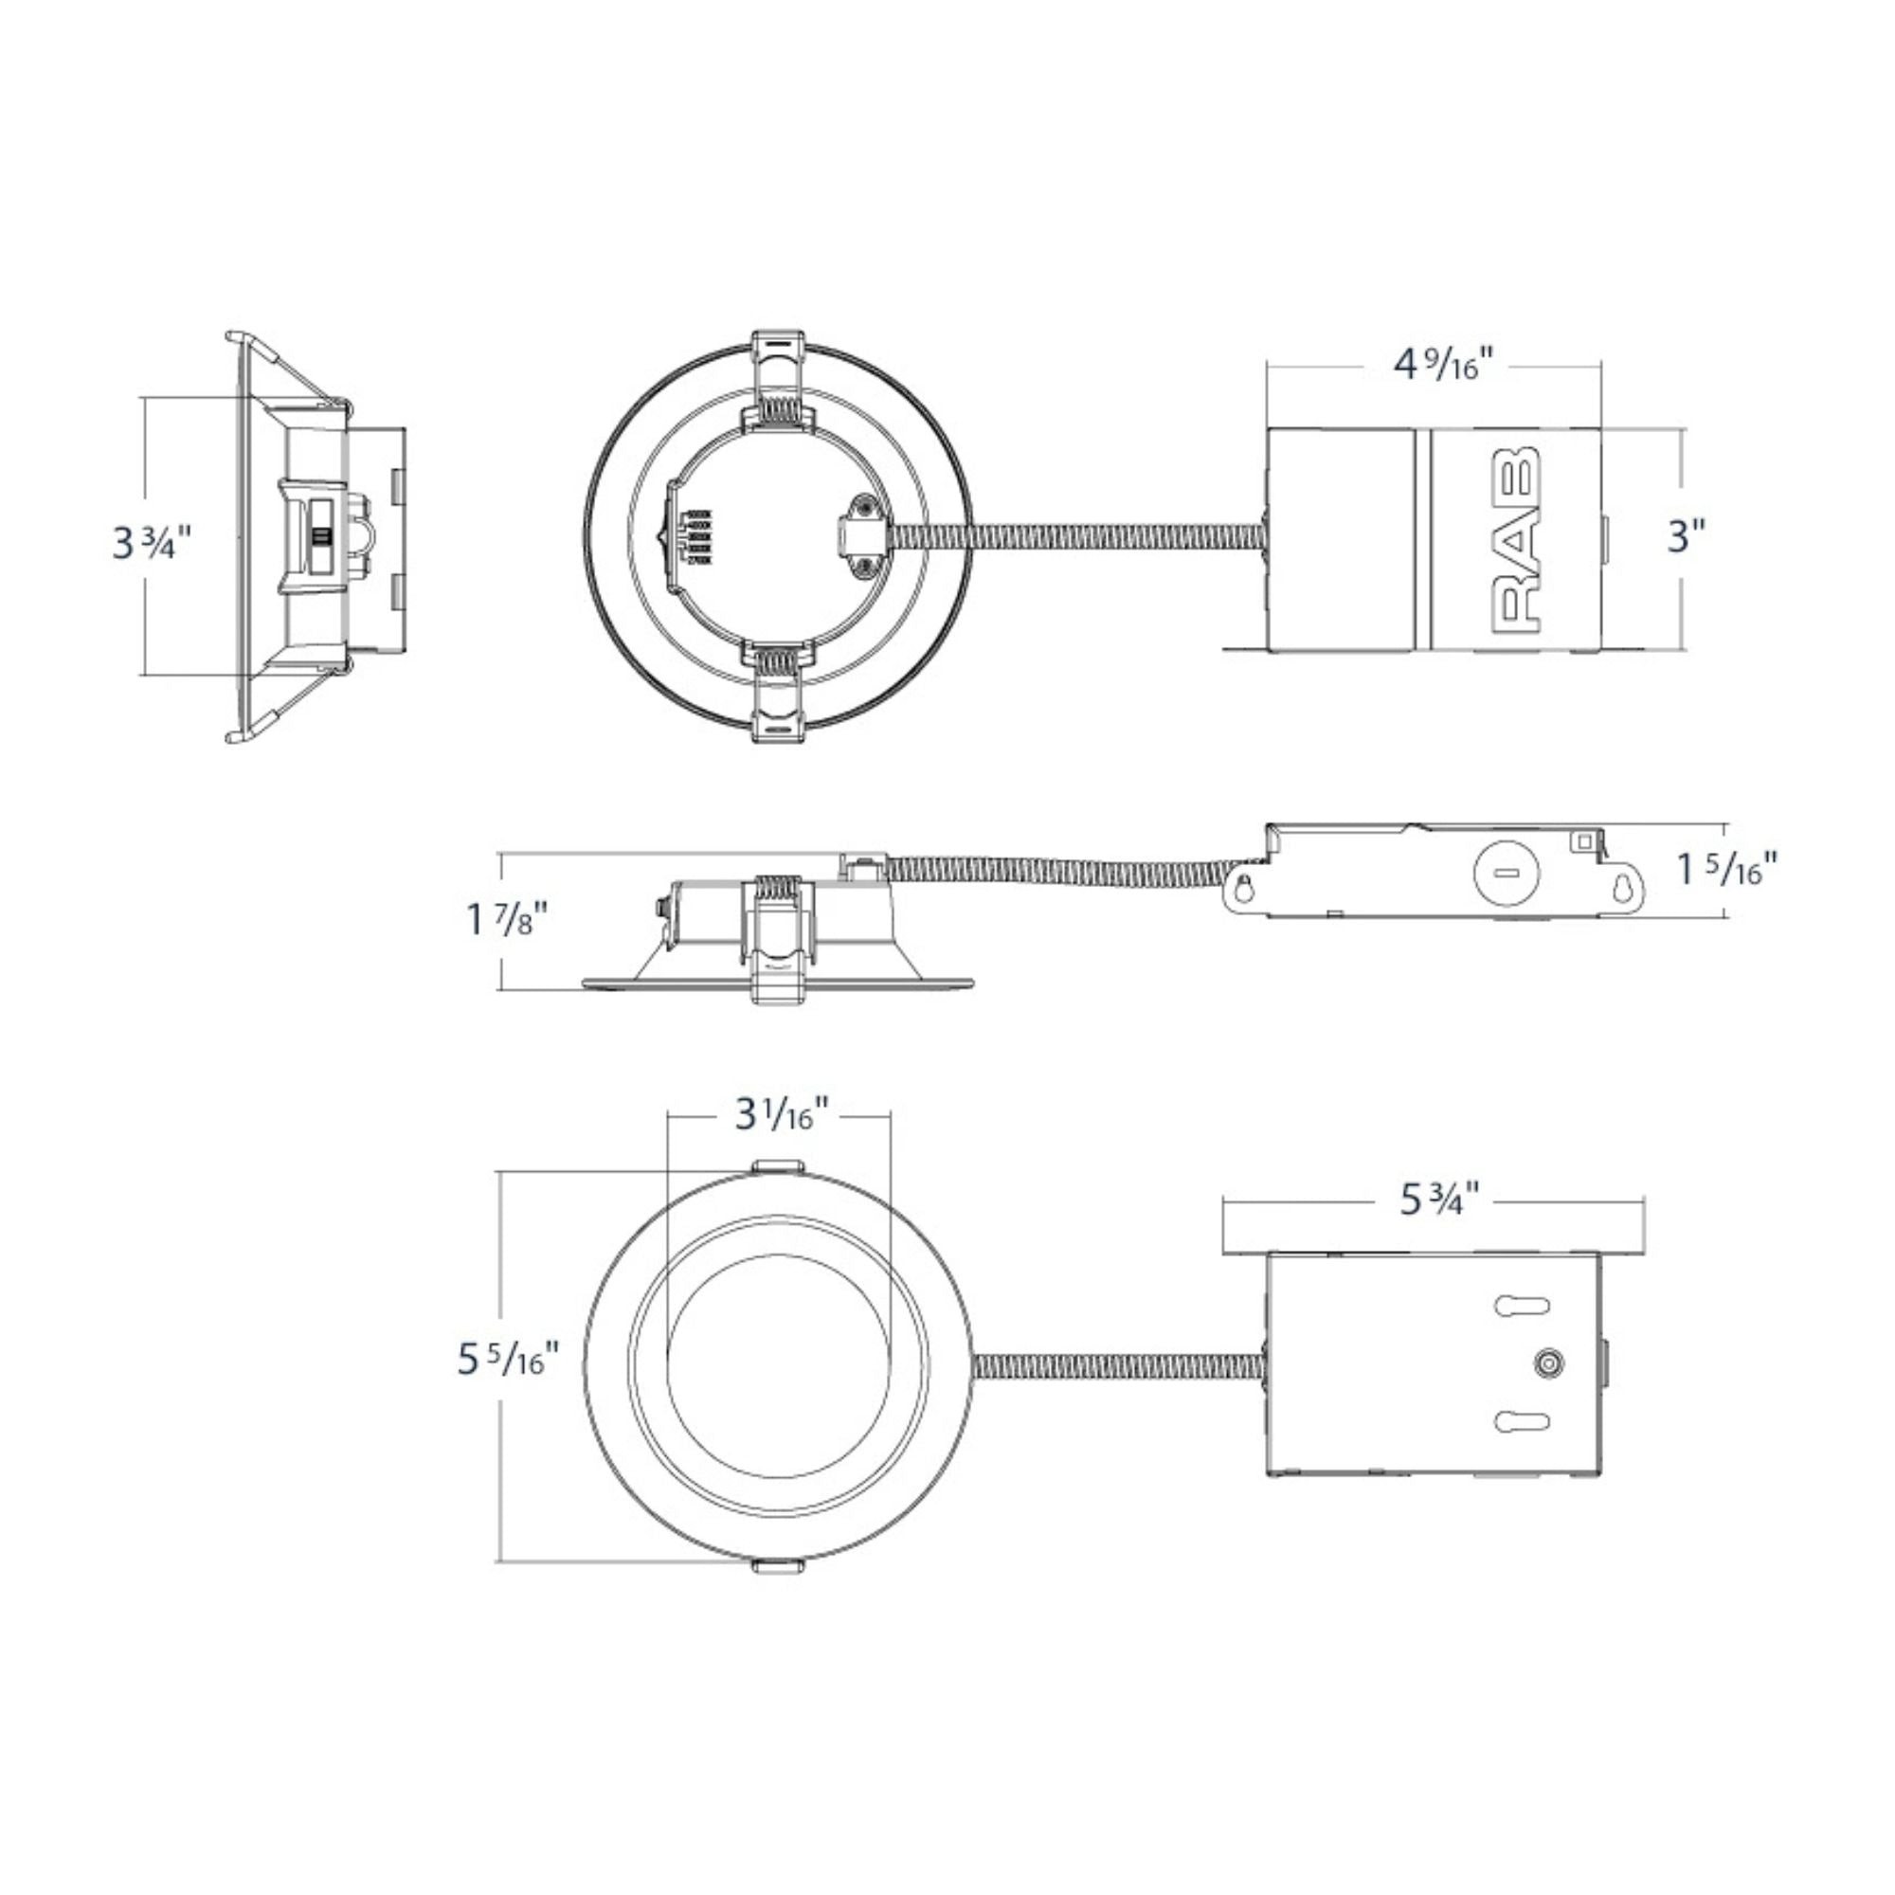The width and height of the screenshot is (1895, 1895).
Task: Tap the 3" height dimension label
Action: pos(1687,536)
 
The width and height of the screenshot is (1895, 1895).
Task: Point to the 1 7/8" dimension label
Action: pos(506,921)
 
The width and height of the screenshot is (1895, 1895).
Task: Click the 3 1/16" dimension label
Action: pos(783,1117)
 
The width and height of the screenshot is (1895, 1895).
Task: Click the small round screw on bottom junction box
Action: pos(1548,1363)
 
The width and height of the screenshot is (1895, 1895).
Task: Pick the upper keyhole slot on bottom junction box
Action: pos(1522,1306)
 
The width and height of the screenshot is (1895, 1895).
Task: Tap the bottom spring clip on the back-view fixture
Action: pos(782,692)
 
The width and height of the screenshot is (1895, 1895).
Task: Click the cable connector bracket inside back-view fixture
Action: pos(863,537)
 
